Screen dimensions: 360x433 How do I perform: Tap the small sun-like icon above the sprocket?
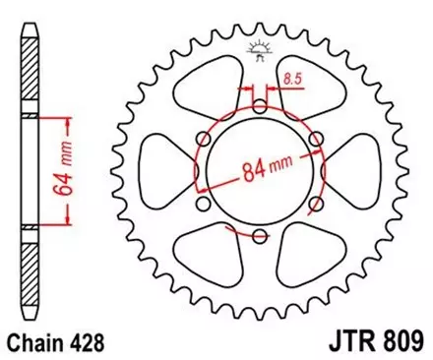(260, 45)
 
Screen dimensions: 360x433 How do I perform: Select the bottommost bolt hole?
(259, 236)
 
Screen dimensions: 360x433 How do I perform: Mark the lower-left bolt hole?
(204, 205)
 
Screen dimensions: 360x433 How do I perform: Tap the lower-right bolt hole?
(314, 205)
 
